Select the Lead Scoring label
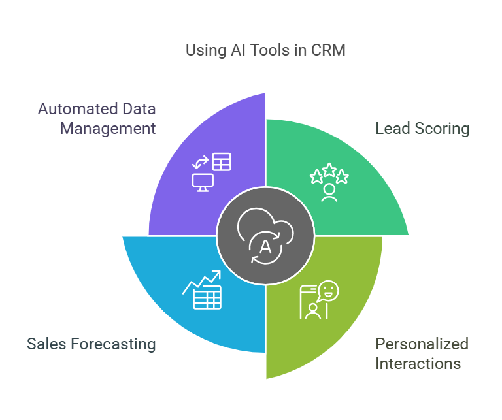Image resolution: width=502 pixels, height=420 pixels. (x=422, y=128)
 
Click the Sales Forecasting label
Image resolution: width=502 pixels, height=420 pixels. (x=91, y=344)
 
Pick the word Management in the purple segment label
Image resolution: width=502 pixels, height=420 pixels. (x=108, y=128)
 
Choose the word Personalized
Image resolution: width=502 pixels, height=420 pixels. (x=422, y=344)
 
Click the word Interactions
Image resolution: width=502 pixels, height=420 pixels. (x=418, y=363)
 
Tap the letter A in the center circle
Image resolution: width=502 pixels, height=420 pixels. (x=265, y=247)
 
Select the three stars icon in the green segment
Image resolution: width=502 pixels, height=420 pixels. (x=329, y=173)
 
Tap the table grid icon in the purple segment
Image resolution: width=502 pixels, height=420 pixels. (x=222, y=161)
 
